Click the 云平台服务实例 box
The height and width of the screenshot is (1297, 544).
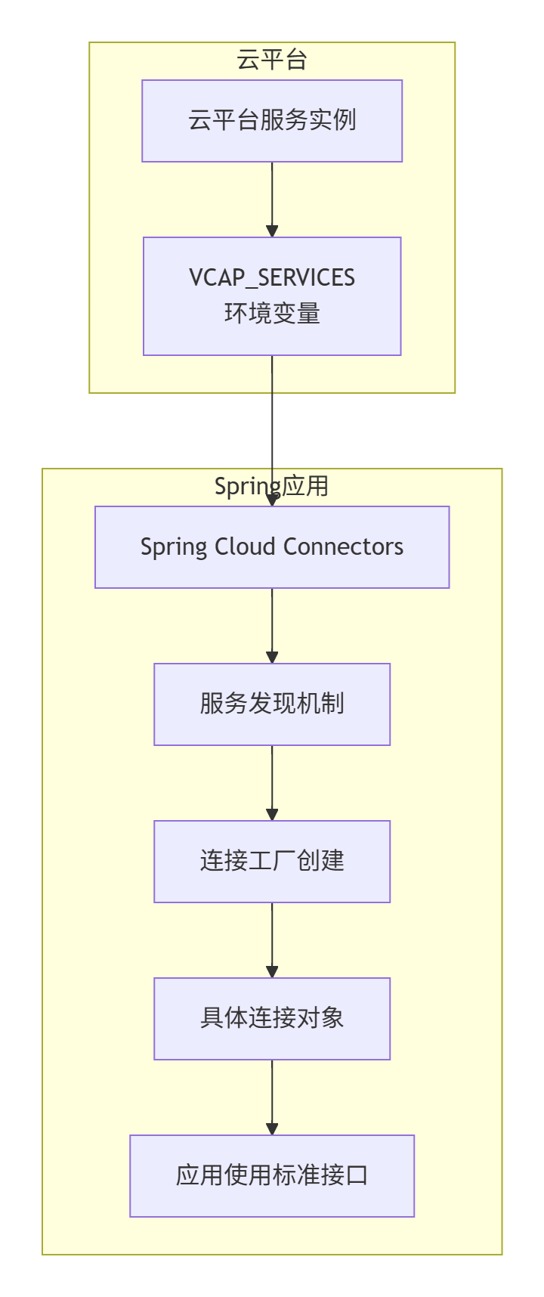pos(272,121)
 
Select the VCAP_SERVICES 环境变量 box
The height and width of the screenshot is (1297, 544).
pos(272,296)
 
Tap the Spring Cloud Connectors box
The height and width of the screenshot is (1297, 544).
pos(272,547)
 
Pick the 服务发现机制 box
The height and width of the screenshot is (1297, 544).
pos(272,704)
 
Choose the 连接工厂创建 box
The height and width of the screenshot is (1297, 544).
pos(272,862)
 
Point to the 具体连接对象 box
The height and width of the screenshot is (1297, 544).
pos(272,1019)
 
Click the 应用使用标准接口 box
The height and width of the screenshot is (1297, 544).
pos(272,1176)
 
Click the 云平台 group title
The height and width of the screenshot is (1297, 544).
pos(272,60)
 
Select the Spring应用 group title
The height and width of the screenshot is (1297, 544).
pos(272,486)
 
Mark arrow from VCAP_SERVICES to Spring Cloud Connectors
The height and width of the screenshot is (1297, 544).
pos(272,431)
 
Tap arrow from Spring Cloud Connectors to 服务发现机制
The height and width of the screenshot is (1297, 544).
pos(272,626)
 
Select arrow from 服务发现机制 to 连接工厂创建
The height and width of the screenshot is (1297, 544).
pos(272,783)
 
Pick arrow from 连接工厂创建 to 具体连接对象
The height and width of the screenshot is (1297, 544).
pos(272,940)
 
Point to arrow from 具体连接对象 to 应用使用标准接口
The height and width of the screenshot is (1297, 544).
pos(272,1097)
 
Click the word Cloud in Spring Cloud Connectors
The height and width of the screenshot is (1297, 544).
pos(246,546)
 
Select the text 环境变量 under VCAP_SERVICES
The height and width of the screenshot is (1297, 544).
pos(272,313)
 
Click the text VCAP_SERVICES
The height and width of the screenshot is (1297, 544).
pos(272,278)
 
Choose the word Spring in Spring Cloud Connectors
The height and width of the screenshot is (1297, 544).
pos(174,547)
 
